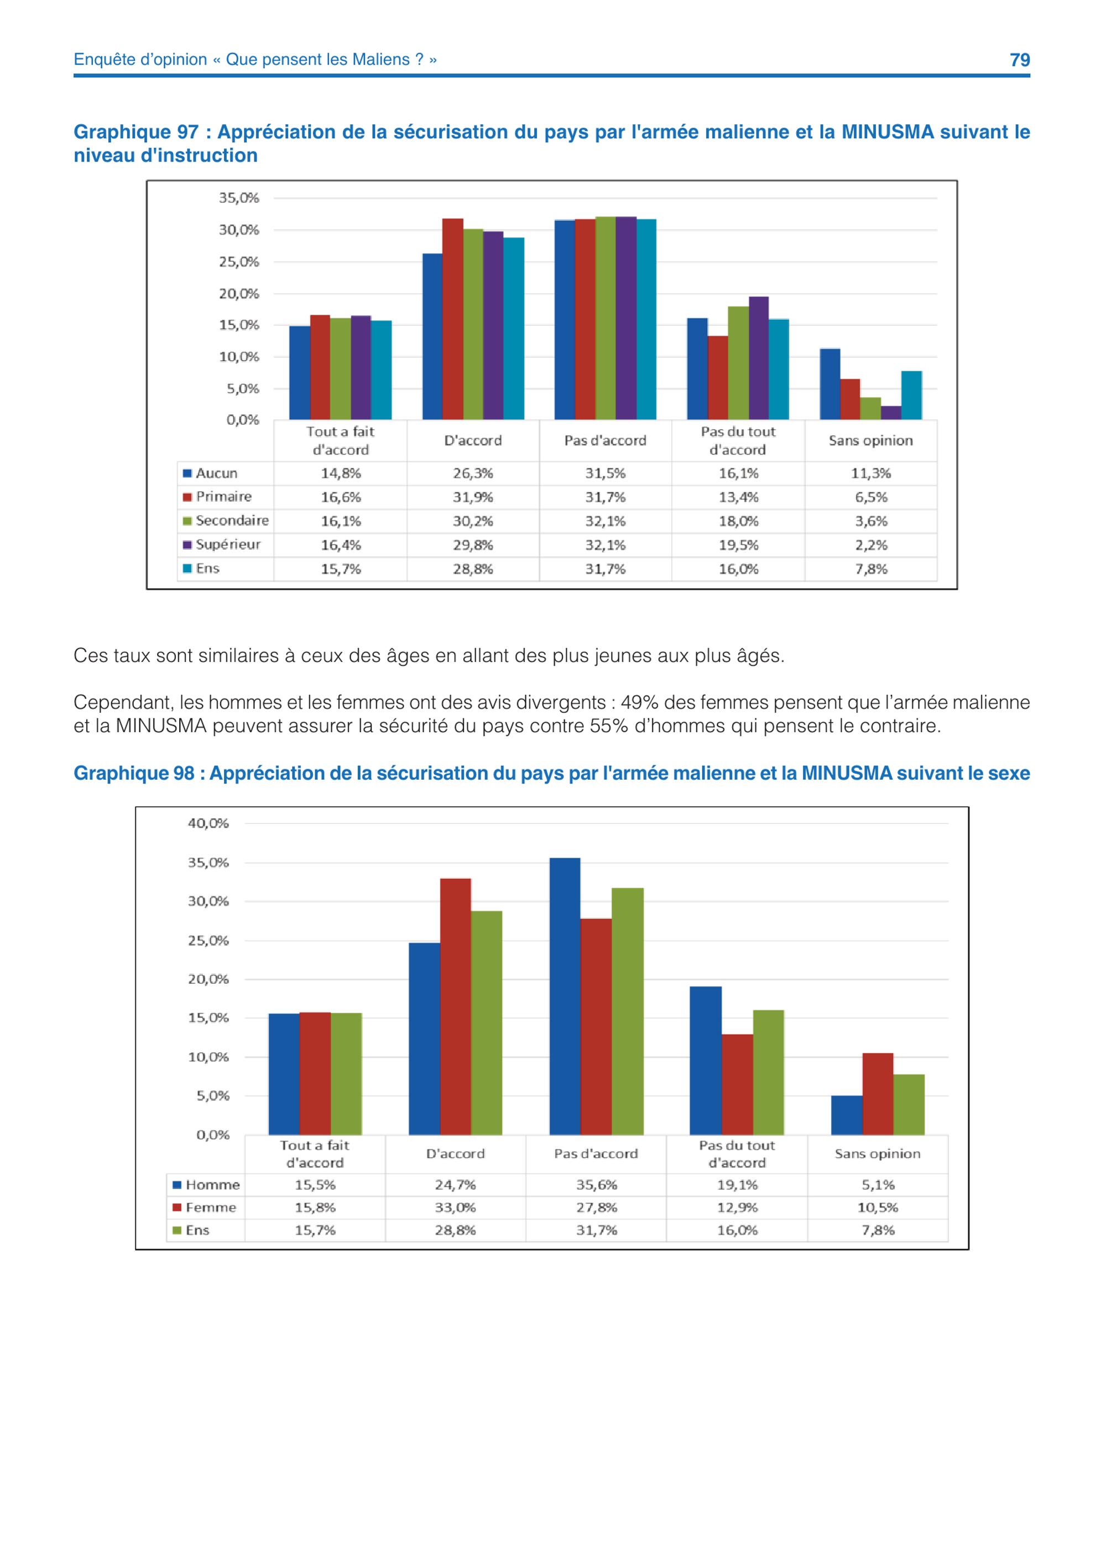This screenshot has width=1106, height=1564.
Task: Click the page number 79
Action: coord(1020,60)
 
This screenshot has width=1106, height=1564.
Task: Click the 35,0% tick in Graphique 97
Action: coord(238,198)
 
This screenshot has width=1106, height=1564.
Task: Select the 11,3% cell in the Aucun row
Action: coord(870,473)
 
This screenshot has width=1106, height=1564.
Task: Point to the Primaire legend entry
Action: coord(217,497)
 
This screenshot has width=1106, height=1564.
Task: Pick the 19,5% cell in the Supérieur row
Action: coord(738,545)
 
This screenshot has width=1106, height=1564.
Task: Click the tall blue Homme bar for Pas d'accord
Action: coord(565,996)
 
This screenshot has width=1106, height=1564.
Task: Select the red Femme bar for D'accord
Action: coord(456,1006)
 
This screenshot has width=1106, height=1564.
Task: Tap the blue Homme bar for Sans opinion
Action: coord(847,1114)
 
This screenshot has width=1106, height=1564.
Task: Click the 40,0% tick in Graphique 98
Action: coord(208,823)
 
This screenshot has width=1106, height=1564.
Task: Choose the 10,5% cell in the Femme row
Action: coord(878,1207)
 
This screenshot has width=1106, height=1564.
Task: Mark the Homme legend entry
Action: coord(206,1185)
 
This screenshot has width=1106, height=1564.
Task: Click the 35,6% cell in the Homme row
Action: coord(597,1185)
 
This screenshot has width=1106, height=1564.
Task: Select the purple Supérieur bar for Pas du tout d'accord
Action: coord(759,358)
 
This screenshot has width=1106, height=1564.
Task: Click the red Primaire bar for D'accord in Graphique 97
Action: coord(453,319)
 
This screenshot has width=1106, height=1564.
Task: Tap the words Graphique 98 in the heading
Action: coord(134,773)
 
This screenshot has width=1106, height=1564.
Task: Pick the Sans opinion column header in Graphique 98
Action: coord(877,1153)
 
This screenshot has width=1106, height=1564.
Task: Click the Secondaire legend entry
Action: coord(226,520)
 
